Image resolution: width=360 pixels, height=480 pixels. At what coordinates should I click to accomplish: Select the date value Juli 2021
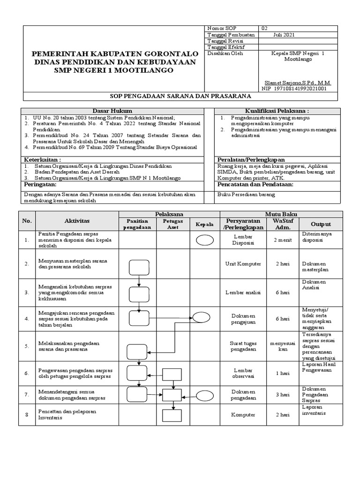click(x=284, y=35)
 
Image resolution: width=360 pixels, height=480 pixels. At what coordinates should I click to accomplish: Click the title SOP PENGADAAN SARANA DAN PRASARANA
click(x=180, y=96)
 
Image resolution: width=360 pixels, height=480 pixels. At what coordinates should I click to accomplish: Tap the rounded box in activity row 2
click(x=139, y=267)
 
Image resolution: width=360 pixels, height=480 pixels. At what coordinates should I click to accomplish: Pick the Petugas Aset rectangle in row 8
click(x=172, y=415)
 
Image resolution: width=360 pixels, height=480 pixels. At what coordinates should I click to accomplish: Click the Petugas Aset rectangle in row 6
click(x=172, y=374)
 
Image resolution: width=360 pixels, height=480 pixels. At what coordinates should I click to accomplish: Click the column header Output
click(x=321, y=224)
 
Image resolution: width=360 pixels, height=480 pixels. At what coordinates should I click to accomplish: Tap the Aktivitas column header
click(x=77, y=221)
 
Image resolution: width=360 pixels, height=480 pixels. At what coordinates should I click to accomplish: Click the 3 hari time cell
click(x=282, y=395)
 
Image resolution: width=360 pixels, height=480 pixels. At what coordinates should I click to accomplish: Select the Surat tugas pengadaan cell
click(x=243, y=345)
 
